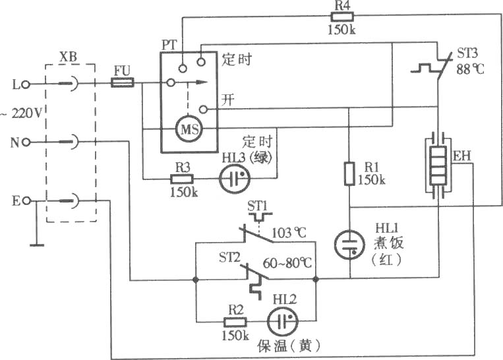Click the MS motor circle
click(190, 129)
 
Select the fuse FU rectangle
click(123, 83)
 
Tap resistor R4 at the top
click(342, 16)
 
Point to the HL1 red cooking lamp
click(349, 245)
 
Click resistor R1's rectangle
click(349, 173)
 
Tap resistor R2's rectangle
click(235, 322)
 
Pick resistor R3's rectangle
click(181, 179)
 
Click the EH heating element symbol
click(438, 165)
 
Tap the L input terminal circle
click(26, 84)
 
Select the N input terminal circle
click(26, 142)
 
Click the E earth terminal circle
click(27, 201)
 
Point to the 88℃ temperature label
click(470, 69)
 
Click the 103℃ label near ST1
click(289, 232)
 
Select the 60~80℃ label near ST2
click(287, 263)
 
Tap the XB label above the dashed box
click(69, 57)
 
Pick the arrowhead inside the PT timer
click(202, 82)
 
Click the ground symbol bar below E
click(37, 245)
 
